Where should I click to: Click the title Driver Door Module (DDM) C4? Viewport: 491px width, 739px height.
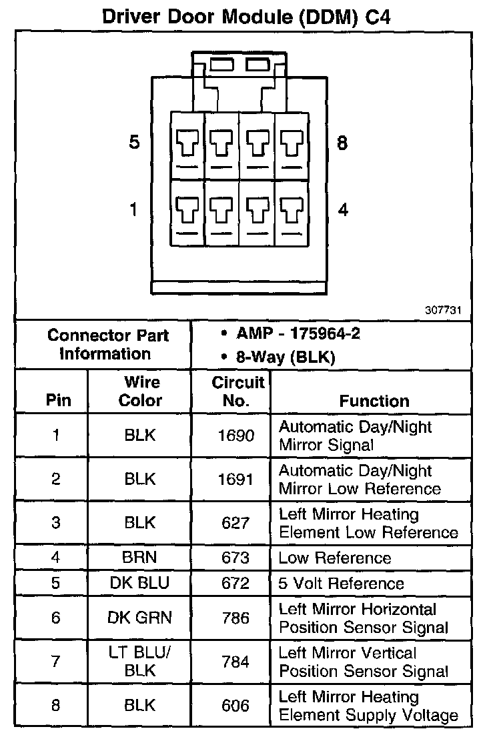(x=246, y=16)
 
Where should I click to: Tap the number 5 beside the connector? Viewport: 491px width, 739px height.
(x=134, y=143)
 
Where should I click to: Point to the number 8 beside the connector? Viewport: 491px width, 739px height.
(x=342, y=143)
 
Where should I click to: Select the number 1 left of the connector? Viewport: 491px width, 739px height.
(x=133, y=210)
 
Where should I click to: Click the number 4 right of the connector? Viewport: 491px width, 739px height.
(x=343, y=210)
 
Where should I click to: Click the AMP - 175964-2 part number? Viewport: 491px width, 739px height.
(x=298, y=334)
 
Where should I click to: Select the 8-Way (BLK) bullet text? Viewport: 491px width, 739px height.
(x=286, y=357)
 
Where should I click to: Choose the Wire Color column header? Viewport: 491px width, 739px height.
(x=141, y=392)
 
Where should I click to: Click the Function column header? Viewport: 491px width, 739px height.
(x=374, y=401)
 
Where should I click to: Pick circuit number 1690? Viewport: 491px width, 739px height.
(x=236, y=436)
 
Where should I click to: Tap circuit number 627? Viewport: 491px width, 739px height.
(x=235, y=524)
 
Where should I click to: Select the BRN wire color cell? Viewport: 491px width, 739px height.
(x=141, y=558)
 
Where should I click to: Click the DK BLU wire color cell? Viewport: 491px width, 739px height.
(x=140, y=583)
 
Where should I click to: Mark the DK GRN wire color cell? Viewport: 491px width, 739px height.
(x=140, y=618)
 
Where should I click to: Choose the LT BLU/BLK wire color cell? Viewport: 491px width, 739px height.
(x=140, y=662)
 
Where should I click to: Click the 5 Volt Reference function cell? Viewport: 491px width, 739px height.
(x=342, y=584)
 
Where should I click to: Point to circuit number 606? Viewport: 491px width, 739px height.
(x=235, y=706)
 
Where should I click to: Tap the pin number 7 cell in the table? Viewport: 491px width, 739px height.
(x=56, y=662)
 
